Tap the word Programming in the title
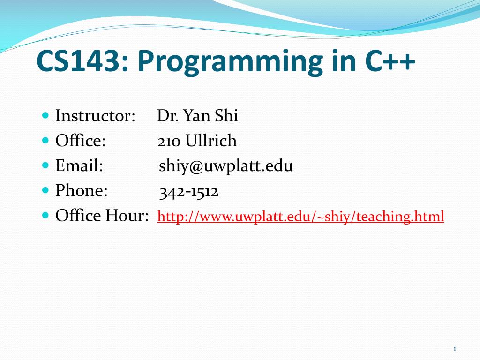[230, 62]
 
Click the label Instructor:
[95, 116]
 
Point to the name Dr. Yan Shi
[197, 116]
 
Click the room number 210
[169, 142]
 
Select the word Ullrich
[211, 141]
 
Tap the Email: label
[79, 165]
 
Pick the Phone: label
[82, 190]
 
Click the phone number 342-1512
[188, 192]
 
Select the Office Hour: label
[102, 215]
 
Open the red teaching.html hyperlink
[300, 217]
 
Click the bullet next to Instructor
[45, 115]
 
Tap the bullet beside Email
[45, 165]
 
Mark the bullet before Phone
[45, 190]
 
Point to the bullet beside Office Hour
[45, 215]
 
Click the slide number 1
[455, 349]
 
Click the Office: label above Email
[81, 141]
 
